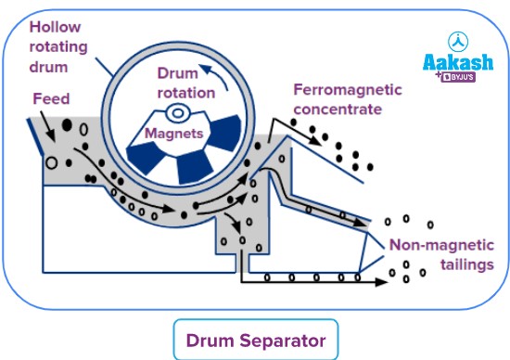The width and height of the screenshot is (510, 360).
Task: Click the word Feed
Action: [x=50, y=97]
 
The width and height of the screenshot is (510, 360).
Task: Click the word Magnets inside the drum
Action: [x=175, y=133]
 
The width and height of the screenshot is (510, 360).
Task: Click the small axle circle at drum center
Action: [x=173, y=114]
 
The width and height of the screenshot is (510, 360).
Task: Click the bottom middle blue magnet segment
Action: [x=194, y=168]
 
